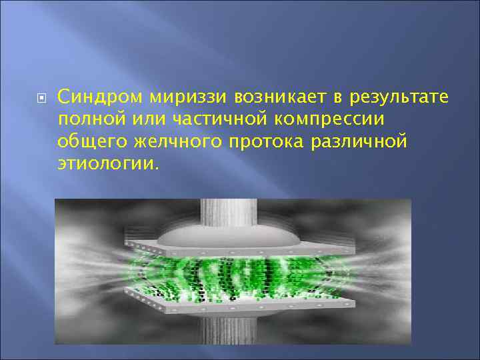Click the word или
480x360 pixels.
click(x=147, y=119)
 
